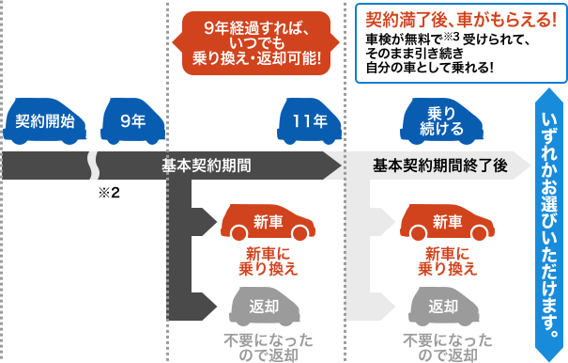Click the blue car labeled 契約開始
click(x=45, y=121)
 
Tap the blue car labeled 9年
click(x=133, y=121)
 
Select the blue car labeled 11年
click(x=309, y=121)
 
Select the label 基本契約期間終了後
click(x=439, y=165)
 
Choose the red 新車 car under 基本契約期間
click(x=268, y=223)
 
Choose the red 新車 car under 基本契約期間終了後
click(x=447, y=223)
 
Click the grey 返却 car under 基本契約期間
click(x=268, y=307)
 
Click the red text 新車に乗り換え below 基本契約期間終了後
click(x=447, y=261)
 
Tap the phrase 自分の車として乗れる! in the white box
click(x=430, y=69)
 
